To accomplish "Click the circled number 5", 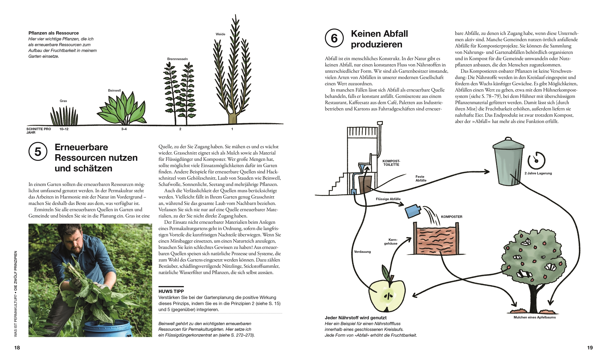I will coord(38,152).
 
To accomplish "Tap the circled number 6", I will coord(334,38).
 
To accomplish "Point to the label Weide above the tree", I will coord(220,34).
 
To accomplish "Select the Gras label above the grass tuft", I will coord(63,101).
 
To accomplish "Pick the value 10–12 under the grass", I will coord(64,129).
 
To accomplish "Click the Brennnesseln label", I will coord(177,59).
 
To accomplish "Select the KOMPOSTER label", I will coord(451,217).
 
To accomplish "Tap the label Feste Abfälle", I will coord(421,179).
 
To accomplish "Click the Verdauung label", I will coord(362,252).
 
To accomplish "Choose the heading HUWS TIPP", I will coord(171,291).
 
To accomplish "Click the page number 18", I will coord(17,348).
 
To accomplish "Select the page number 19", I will coord(590,348).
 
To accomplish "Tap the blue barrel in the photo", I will coord(108,330).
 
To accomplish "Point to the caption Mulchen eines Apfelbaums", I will coord(535,317).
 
